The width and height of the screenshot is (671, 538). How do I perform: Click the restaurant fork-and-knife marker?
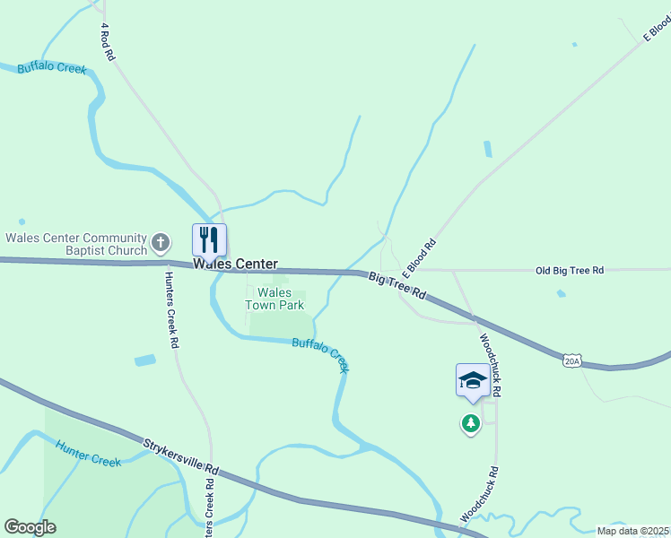pyautogui.click(x=209, y=239)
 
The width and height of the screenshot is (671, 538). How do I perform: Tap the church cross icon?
pyautogui.click(x=160, y=241)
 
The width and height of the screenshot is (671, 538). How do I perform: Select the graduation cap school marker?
pyautogui.click(x=473, y=380)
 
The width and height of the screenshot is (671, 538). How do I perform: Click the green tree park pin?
pyautogui.click(x=471, y=422)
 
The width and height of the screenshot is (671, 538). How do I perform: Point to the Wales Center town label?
pyautogui.click(x=235, y=265)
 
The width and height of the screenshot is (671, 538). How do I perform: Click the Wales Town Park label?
pyautogui.click(x=274, y=299)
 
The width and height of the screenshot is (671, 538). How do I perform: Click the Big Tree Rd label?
pyautogui.click(x=396, y=286)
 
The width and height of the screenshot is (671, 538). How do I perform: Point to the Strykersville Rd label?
pyautogui.click(x=180, y=456)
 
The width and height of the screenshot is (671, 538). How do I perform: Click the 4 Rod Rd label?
pyautogui.click(x=108, y=42)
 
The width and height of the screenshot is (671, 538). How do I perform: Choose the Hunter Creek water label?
pyautogui.click(x=88, y=453)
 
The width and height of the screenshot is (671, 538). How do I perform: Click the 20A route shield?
pyautogui.click(x=572, y=360)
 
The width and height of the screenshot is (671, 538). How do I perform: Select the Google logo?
pyautogui.click(x=30, y=527)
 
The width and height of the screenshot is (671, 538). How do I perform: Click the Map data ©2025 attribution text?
pyautogui.click(x=633, y=531)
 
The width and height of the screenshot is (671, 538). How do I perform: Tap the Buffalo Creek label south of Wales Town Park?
pyautogui.click(x=320, y=355)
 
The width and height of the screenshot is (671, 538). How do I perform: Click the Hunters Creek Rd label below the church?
pyautogui.click(x=171, y=309)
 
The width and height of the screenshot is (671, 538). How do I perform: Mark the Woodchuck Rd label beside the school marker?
pyautogui.click(x=490, y=367)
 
